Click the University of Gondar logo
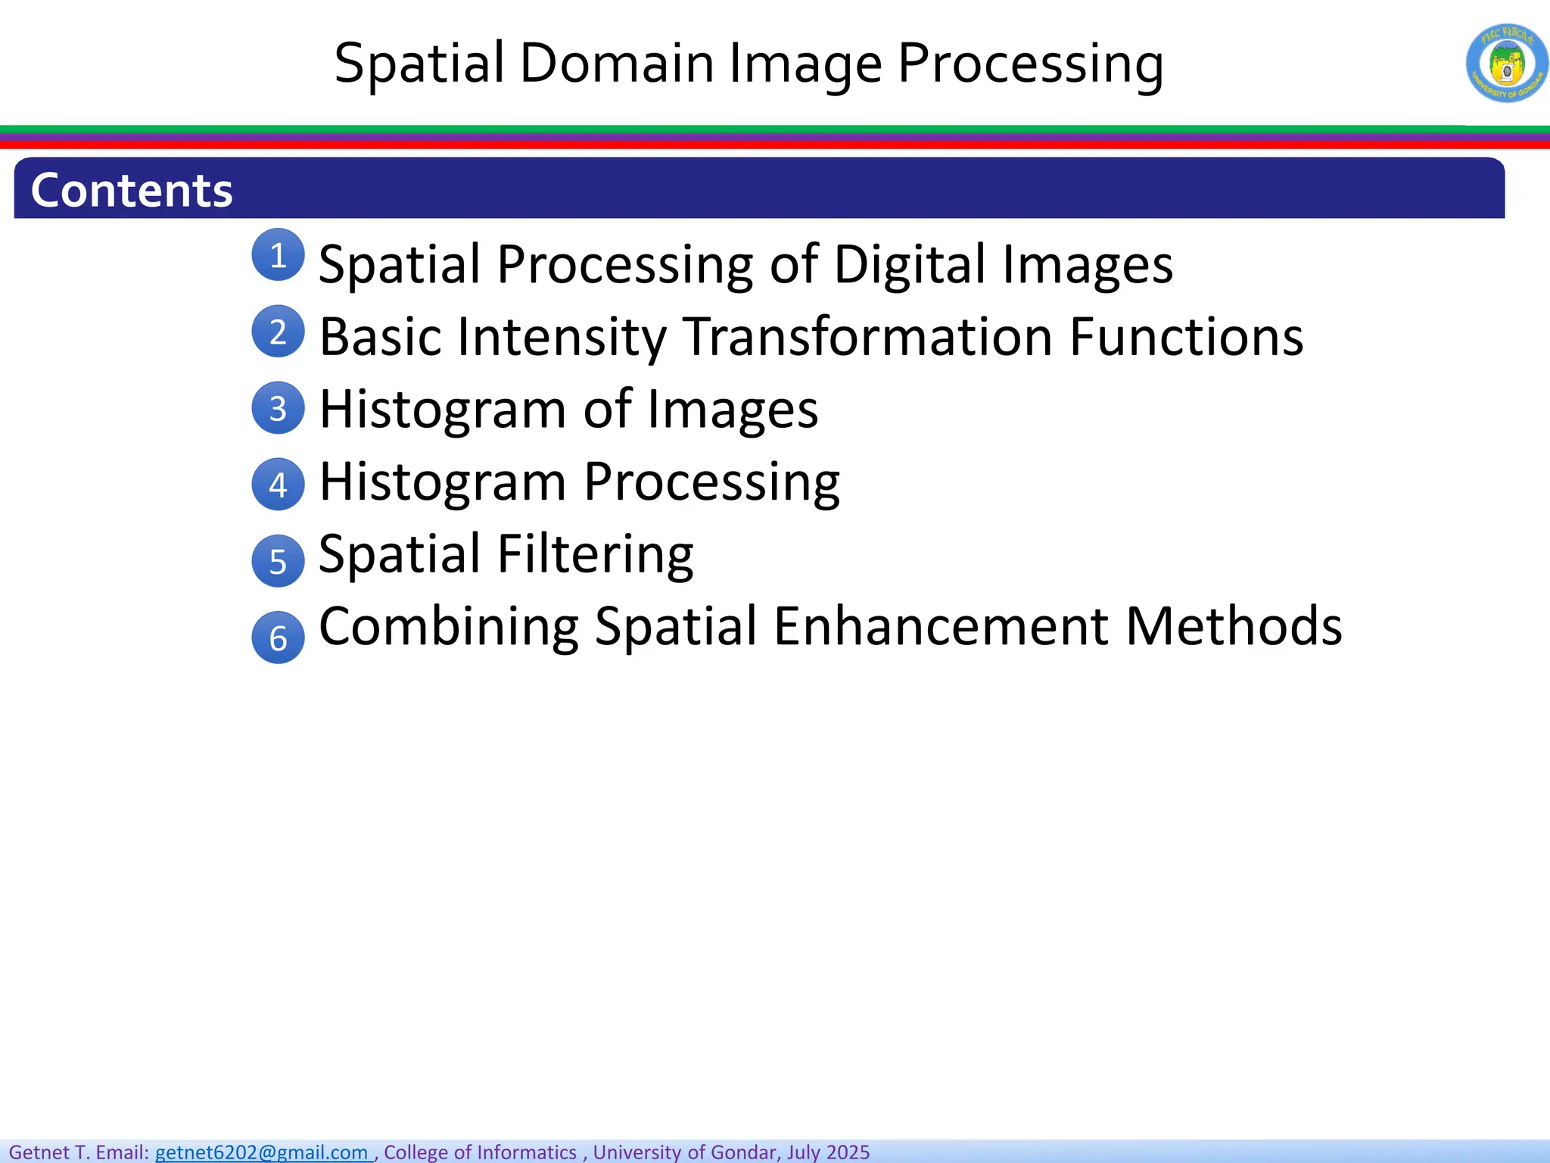pos(1506,63)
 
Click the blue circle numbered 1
pos(278,255)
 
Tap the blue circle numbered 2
pos(278,332)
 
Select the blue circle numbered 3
pos(278,408)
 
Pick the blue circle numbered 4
pos(278,485)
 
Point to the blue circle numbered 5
pos(278,561)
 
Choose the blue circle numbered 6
pos(278,638)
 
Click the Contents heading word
pos(132,190)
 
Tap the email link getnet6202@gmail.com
pos(262,1152)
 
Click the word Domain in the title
pos(617,63)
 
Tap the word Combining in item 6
pos(450,626)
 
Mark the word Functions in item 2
pos(1186,336)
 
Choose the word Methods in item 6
pos(1234,626)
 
